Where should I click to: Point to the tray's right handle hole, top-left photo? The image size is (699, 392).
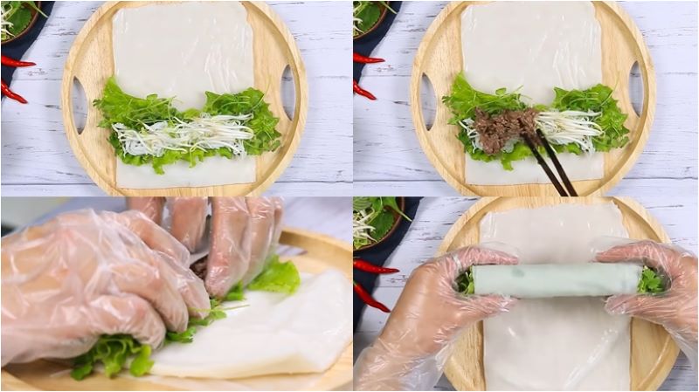click(287, 91)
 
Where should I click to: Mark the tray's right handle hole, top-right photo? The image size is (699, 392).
click(636, 88)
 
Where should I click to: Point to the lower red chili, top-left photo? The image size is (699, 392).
click(13, 92)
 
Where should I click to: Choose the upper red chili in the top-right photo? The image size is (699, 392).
click(368, 58)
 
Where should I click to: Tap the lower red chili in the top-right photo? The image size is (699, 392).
click(364, 90)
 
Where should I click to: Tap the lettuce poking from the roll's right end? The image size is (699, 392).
click(651, 280)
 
